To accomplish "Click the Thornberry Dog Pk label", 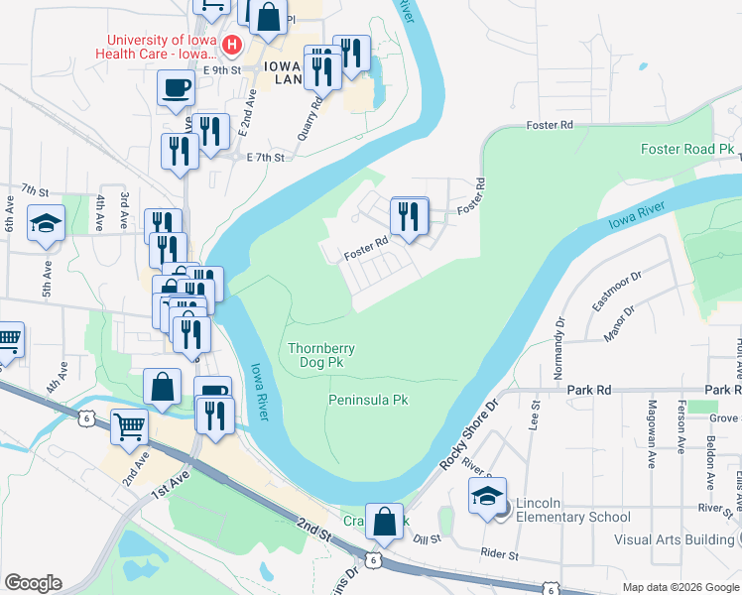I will point(321,356).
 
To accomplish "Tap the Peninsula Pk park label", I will point(369,400).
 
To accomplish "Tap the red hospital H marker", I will point(231,45).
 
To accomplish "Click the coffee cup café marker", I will point(176,88).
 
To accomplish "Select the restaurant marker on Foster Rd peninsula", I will point(409,216).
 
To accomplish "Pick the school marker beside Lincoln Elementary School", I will point(487,498).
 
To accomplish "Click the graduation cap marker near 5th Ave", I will point(46,223).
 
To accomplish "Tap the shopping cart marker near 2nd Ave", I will point(130,427).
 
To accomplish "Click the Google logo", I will point(33,583).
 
